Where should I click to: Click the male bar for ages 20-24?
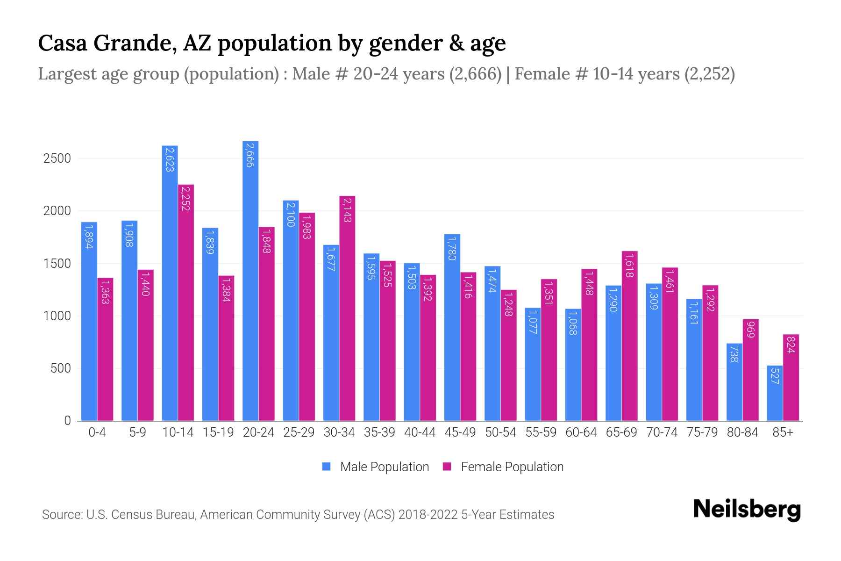coord(250,280)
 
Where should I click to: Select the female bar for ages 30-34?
coord(347,309)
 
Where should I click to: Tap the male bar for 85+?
coord(775,393)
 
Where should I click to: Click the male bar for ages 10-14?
coord(170,283)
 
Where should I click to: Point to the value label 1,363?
coord(105,291)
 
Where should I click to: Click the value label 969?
coord(751,330)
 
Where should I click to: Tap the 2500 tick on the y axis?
coord(57,158)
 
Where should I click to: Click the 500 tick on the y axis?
coord(61,368)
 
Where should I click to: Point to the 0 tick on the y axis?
coord(67,421)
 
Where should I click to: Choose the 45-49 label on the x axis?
coord(460,432)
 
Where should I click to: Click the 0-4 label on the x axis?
coord(97,432)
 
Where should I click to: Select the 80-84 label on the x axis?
coord(742,432)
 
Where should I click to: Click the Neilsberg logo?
coord(747,510)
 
